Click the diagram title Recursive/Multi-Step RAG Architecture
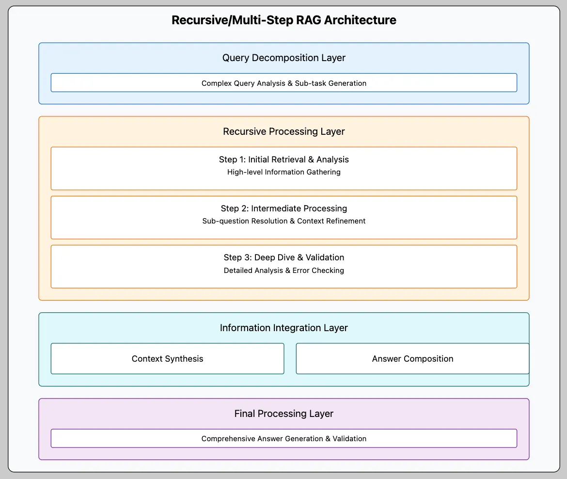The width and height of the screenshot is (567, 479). (283, 20)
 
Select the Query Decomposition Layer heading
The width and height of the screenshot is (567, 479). (283, 58)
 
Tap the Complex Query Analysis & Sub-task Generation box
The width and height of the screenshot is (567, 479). (283, 83)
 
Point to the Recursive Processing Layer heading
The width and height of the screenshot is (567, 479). (283, 132)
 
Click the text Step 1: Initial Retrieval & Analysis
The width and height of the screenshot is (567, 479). (283, 160)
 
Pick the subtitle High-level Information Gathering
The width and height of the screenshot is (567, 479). (283, 172)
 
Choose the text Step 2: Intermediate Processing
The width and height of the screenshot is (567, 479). (283, 208)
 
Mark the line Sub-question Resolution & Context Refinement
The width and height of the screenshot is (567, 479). (283, 221)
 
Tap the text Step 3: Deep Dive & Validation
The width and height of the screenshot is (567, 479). (283, 257)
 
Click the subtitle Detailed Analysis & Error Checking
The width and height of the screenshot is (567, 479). (283, 271)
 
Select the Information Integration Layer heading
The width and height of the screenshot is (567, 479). (283, 328)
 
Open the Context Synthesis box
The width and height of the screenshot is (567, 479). (167, 359)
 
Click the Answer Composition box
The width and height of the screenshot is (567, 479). (412, 359)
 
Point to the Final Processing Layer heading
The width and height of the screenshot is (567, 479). (283, 414)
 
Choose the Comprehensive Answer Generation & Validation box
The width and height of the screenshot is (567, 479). (283, 439)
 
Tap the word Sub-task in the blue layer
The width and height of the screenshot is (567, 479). (311, 83)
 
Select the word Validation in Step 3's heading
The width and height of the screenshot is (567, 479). (325, 257)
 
